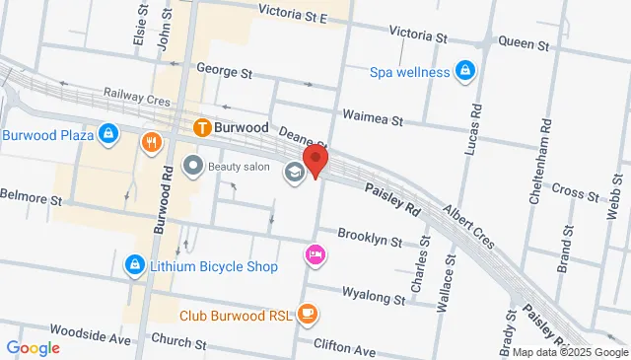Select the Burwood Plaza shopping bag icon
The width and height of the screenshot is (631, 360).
pos(110,133)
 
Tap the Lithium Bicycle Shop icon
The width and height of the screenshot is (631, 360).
pos(134,265)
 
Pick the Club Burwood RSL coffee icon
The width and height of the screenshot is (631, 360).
pos(308,316)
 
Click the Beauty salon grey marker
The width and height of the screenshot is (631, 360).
pos(193,166)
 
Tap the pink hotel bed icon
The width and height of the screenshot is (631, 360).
pos(315,254)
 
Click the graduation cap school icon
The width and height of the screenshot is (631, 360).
pos(294,174)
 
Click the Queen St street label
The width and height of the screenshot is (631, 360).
pos(523,41)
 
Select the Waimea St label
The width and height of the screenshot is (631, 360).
pos(373,120)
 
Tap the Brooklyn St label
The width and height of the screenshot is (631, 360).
pos(370,238)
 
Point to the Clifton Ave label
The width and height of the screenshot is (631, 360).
pos(345,349)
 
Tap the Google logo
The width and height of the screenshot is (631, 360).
pos(33,347)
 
